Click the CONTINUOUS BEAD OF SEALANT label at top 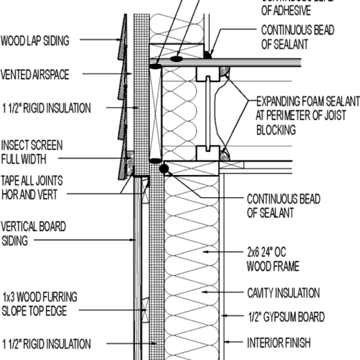click(x=294, y=37)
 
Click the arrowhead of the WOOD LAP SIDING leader click(x=122, y=40)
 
